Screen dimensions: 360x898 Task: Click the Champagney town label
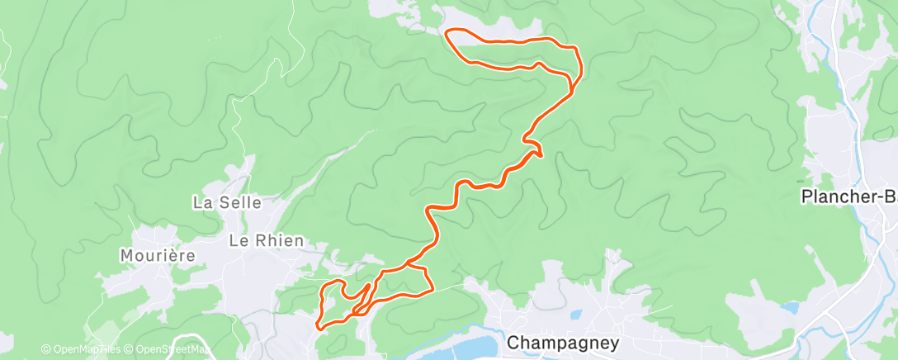(x=551, y=341)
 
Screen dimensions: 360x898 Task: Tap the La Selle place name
(x=227, y=202)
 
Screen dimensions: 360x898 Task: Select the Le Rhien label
(x=266, y=241)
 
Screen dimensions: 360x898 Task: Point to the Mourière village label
(x=158, y=255)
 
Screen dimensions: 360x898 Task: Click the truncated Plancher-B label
(x=849, y=197)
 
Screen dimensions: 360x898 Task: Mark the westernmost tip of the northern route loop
(x=447, y=33)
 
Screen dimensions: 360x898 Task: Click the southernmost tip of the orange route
(x=318, y=328)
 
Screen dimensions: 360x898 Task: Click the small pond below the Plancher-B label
(x=790, y=308)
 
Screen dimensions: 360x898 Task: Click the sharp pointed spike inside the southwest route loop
(x=368, y=286)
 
